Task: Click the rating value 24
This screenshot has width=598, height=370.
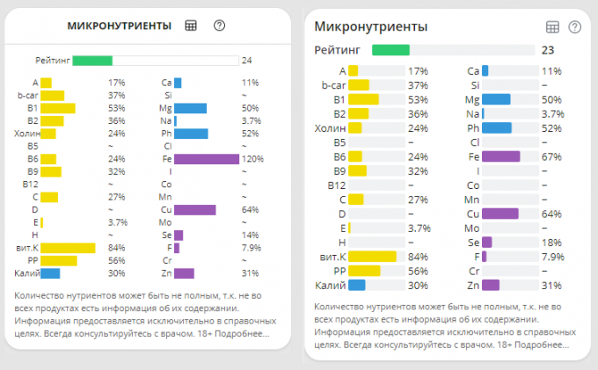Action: (x=247, y=61)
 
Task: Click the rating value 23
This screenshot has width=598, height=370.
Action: (x=548, y=50)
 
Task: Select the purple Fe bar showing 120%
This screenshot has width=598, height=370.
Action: (x=207, y=159)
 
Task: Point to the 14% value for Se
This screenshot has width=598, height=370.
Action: (x=250, y=236)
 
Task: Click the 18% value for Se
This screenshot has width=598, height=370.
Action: (x=551, y=242)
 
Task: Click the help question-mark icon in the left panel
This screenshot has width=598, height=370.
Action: (x=220, y=25)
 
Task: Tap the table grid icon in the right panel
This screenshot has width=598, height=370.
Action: (x=553, y=27)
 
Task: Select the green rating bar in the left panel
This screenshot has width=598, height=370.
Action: (x=92, y=61)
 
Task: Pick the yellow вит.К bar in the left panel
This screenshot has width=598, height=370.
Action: (x=68, y=248)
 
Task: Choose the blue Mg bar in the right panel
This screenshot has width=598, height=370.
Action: (x=496, y=99)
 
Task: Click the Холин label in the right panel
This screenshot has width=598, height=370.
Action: (x=330, y=128)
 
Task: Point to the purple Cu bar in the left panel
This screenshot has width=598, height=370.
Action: (x=194, y=210)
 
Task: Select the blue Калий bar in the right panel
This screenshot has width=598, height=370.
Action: (x=356, y=285)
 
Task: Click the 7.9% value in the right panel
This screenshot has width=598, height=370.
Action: (x=552, y=257)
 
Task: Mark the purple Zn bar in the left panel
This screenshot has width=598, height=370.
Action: (x=184, y=273)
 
